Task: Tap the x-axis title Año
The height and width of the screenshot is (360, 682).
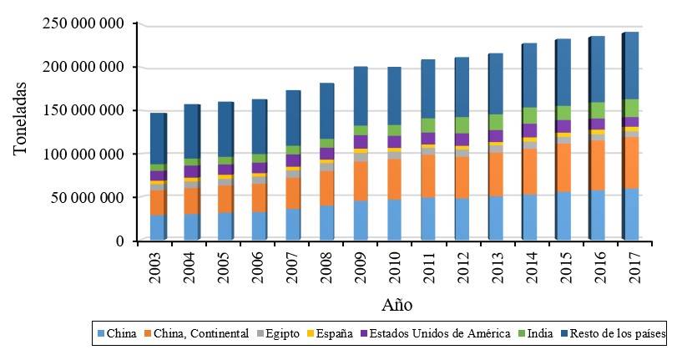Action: tap(397, 304)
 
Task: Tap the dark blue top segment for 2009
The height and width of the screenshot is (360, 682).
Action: tap(361, 96)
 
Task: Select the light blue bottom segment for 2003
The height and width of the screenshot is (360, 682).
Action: tap(158, 228)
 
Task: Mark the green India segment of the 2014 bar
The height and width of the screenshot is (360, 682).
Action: tap(530, 115)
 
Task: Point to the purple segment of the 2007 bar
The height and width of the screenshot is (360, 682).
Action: tap(293, 160)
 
